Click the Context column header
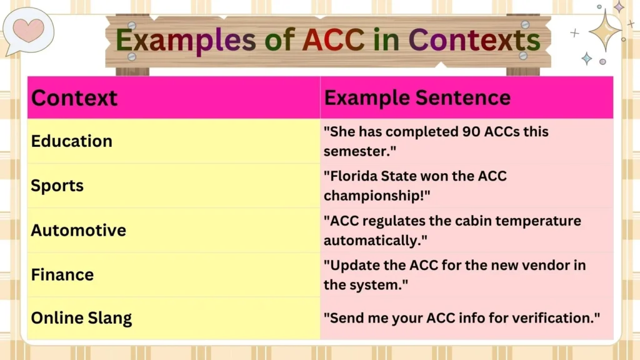[x=74, y=98]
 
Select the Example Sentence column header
[x=417, y=97]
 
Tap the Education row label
[x=72, y=141]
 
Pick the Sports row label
[x=57, y=186]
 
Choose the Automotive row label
[x=79, y=230]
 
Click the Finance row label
[x=62, y=274]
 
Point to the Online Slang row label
[x=82, y=318]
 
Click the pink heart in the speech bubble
[x=29, y=29]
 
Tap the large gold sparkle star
[x=604, y=29]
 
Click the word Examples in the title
[x=186, y=41]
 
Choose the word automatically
[x=371, y=239]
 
